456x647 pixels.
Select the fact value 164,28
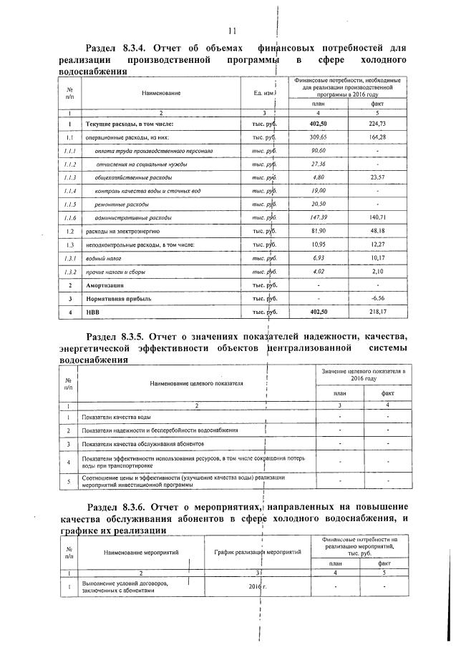377,137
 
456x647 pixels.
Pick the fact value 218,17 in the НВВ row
377,312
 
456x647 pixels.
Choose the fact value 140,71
377,217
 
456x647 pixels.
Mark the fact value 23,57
377,177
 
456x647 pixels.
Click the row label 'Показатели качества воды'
116,416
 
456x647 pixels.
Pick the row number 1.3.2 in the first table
67,272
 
